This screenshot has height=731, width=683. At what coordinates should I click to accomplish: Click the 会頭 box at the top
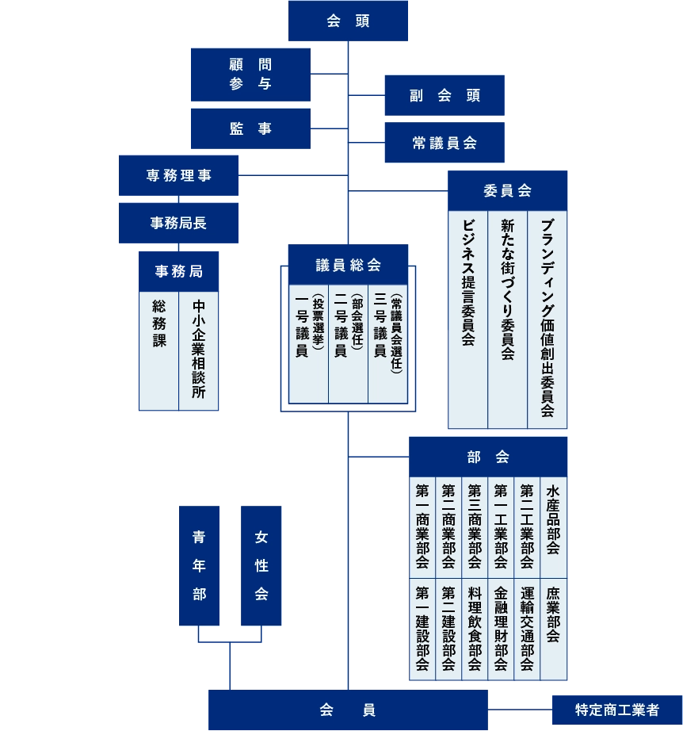348,21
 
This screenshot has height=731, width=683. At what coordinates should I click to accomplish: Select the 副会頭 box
445,96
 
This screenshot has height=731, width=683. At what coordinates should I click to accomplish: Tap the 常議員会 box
445,143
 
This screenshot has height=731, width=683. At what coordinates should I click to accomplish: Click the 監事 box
250,128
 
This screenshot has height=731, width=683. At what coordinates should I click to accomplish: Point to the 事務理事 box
178,175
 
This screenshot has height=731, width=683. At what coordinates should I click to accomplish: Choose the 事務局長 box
178,223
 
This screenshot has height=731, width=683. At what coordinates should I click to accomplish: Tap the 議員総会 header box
348,265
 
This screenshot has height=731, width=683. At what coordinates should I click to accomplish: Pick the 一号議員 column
308,344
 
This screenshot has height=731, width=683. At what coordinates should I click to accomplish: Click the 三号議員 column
387,344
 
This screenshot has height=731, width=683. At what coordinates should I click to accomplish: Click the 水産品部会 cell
553,527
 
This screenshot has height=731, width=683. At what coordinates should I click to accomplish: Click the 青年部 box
199,565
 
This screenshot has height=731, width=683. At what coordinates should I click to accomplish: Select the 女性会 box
261,565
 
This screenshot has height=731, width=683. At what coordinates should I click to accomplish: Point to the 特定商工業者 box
616,710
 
